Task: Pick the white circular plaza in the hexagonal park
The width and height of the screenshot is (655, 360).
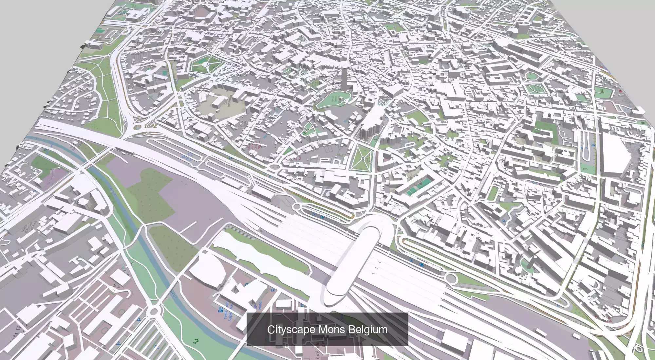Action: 205,64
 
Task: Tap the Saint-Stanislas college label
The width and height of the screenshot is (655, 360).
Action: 227,101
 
